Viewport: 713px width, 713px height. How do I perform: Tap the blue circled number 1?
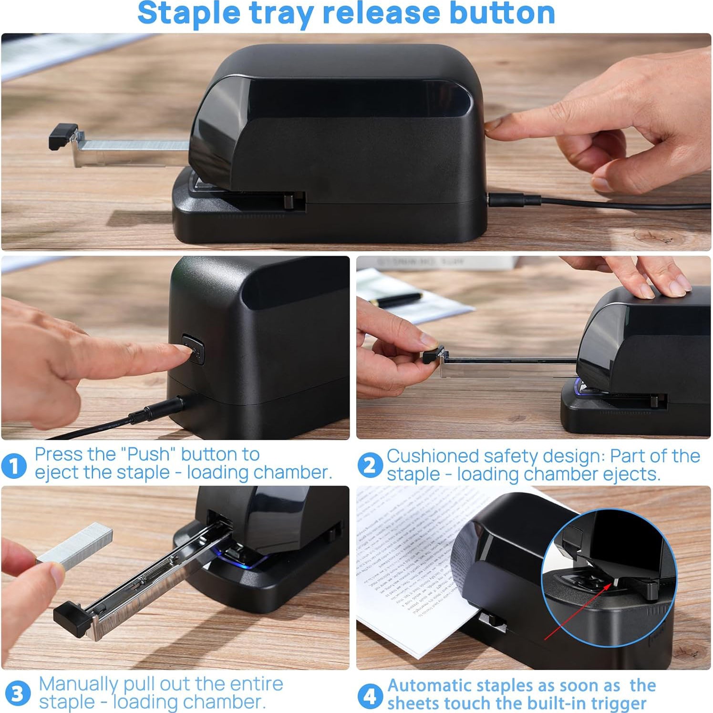click(14, 465)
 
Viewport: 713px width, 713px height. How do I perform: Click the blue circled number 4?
click(370, 696)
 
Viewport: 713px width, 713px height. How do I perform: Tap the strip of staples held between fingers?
click(76, 546)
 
